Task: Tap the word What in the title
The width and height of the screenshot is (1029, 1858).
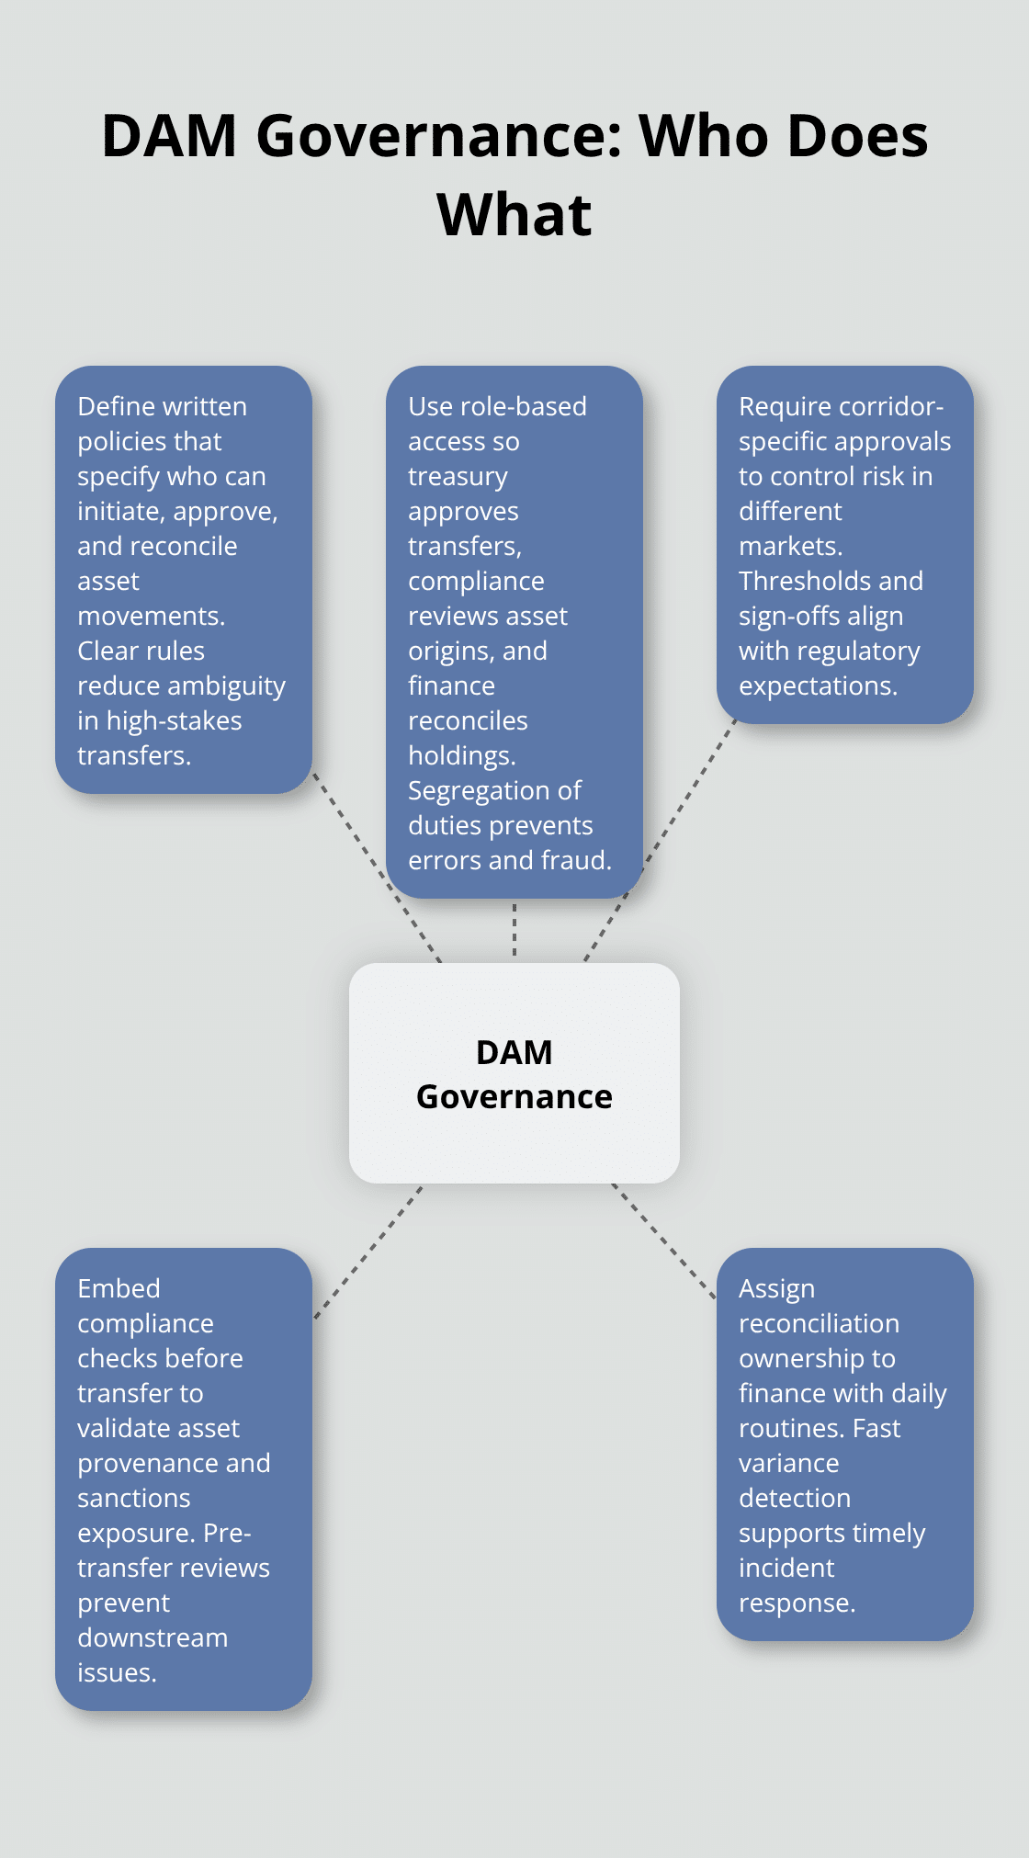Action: point(514,215)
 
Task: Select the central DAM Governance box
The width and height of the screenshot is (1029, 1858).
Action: point(514,1072)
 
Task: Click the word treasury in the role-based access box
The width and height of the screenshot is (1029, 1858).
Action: point(458,477)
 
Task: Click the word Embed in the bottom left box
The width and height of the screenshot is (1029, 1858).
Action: point(119,1289)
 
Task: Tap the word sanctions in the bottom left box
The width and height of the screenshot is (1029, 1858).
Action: point(133,1499)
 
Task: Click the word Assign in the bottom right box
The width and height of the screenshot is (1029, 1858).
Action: point(776,1289)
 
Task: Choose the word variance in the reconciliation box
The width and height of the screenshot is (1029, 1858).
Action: point(788,1464)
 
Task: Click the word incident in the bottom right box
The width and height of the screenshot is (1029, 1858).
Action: point(786,1569)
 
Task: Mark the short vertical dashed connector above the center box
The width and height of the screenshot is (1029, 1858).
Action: point(514,930)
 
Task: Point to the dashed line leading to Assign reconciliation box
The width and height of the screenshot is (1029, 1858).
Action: point(663,1241)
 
